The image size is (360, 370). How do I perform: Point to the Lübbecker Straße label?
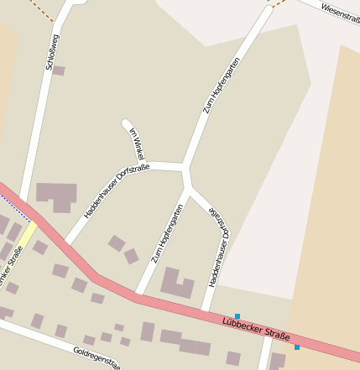[256, 328]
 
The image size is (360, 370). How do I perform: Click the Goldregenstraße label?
[97, 357]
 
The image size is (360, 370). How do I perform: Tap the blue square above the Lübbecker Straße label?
[237, 316]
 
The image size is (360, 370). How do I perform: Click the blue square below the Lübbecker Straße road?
[297, 347]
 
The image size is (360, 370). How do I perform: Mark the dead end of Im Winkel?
[126, 123]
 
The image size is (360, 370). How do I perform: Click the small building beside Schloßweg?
[58, 70]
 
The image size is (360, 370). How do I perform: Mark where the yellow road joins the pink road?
[35, 222]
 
